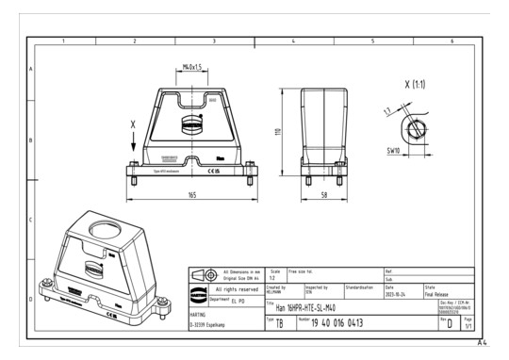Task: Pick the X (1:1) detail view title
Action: tap(414, 85)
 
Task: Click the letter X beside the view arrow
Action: tap(134, 124)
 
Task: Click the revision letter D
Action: tap(451, 323)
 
